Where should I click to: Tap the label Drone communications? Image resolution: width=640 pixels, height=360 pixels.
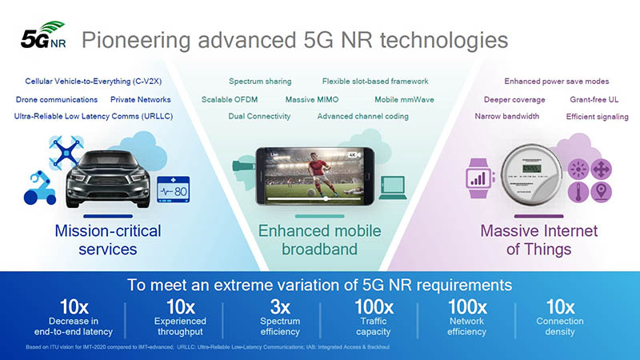pyautogui.click(x=57, y=100)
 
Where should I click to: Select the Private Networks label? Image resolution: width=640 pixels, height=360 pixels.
pyautogui.click(x=140, y=100)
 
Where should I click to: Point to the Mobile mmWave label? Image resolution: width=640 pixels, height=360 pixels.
pyautogui.click(x=403, y=100)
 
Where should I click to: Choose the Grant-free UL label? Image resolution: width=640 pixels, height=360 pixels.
pyautogui.click(x=596, y=100)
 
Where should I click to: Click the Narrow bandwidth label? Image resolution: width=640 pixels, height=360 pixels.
pyautogui.click(x=506, y=116)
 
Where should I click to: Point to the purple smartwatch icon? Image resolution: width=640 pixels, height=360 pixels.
pyautogui.click(x=478, y=175)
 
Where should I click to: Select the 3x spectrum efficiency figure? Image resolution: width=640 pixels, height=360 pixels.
pyautogui.click(x=280, y=306)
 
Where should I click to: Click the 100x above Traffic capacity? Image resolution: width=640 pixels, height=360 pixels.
pyautogui.click(x=374, y=306)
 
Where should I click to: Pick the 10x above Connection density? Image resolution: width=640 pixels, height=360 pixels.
pyautogui.click(x=559, y=306)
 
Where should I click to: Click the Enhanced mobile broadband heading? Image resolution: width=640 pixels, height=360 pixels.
pyautogui.click(x=319, y=239)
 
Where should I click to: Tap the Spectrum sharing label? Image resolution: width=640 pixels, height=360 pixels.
pyautogui.click(x=260, y=82)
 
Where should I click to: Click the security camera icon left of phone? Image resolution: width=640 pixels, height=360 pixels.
pyautogui.click(x=241, y=166)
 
